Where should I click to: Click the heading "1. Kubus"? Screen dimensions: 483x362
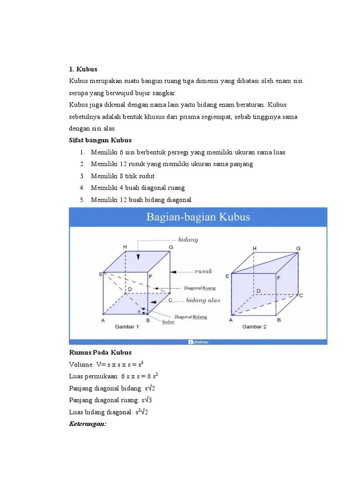coord(83,69)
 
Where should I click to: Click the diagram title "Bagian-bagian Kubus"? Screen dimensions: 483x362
coord(198,217)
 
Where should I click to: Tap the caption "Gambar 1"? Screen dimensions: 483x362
coord(127,326)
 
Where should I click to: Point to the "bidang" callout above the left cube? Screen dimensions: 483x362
coord(188,240)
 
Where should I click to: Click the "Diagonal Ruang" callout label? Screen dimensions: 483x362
coord(199,288)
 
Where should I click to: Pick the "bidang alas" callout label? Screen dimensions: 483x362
coord(203,300)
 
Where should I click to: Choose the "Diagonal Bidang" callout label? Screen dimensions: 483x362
coord(190,316)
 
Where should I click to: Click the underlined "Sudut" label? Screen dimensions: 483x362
coord(168,322)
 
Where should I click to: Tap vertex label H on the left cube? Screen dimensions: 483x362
coord(125,247)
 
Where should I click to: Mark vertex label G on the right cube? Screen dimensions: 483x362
coord(298,249)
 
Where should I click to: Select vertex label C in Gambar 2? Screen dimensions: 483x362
coord(300,295)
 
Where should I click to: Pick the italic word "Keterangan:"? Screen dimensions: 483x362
coord(88,424)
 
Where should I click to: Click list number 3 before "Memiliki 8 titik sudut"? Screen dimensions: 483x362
coord(82,176)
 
